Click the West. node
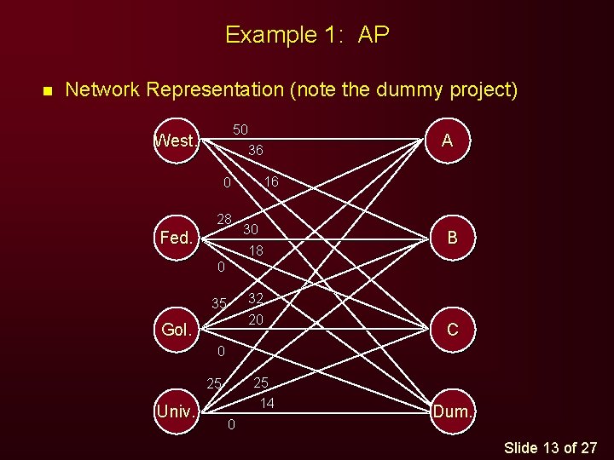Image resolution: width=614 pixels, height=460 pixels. (177, 141)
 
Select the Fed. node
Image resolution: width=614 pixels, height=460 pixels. (177, 238)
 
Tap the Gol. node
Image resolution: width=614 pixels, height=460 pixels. (177, 329)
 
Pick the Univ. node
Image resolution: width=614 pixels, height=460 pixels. (177, 411)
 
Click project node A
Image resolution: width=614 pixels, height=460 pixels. (448, 141)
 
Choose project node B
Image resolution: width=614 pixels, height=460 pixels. (452, 238)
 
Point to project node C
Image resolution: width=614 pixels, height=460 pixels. (452, 329)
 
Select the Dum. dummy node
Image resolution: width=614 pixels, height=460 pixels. (453, 411)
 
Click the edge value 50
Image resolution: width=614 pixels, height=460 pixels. (240, 129)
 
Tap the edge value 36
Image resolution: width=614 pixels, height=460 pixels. (255, 150)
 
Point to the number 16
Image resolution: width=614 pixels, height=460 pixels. (270, 181)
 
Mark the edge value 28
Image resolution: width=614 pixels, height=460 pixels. (224, 220)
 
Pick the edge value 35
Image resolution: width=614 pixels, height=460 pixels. (219, 303)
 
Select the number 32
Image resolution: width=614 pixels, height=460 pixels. (255, 298)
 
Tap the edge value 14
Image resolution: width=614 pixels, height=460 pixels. (267, 403)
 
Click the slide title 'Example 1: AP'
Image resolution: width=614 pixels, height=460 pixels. (307, 35)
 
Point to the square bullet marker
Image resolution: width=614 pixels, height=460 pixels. (48, 90)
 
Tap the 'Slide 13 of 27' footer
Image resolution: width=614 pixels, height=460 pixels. (551, 447)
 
